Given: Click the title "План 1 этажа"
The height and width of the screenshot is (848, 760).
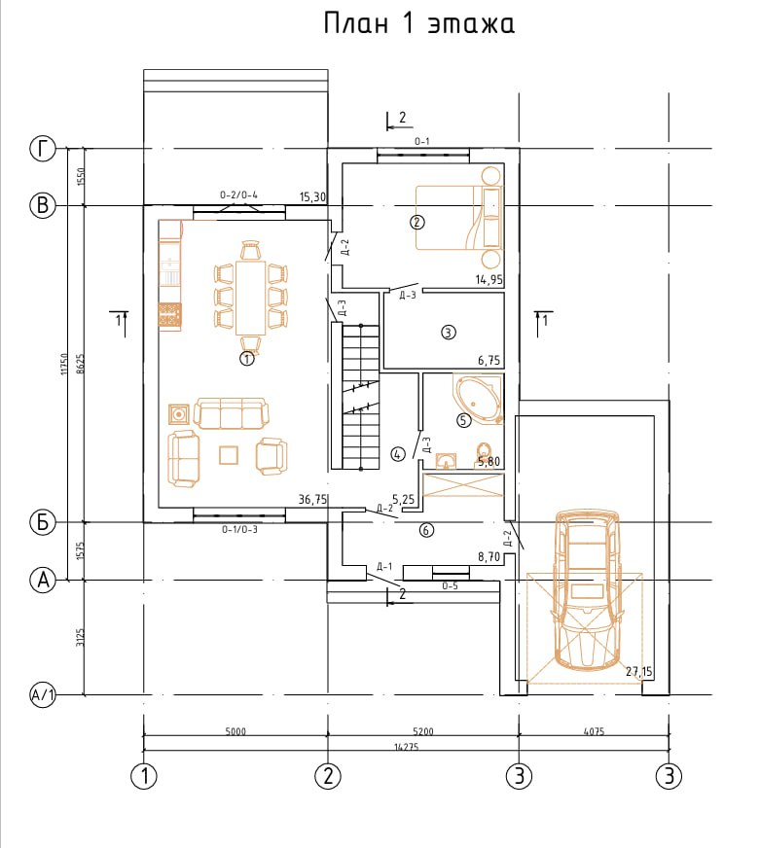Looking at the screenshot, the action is click(419, 23).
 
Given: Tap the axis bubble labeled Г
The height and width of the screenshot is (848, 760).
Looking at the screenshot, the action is click(42, 148).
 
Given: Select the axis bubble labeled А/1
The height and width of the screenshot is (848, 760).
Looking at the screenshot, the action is click(42, 694).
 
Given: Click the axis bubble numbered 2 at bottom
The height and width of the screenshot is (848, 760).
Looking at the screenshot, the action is click(328, 776).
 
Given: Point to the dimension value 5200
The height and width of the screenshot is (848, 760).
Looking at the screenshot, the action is click(423, 731).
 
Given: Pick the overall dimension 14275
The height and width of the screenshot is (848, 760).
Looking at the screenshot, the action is click(406, 747).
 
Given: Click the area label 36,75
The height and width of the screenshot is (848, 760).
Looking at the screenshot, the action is click(313, 499).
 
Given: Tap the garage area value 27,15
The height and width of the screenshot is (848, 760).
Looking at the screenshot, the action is click(638, 672).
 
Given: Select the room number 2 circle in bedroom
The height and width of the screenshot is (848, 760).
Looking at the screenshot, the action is click(417, 222).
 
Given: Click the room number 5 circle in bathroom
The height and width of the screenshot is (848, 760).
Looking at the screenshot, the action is click(464, 420).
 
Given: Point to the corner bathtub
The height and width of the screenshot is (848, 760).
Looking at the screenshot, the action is click(479, 399).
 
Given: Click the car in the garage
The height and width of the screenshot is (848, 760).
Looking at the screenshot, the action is click(586, 589).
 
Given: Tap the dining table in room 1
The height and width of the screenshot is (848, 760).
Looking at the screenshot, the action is click(251, 297).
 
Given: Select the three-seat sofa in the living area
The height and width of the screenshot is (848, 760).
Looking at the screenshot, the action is click(232, 413).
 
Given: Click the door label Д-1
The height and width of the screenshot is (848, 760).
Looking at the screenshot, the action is click(383, 566).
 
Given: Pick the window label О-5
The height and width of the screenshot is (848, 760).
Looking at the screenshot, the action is click(450, 585).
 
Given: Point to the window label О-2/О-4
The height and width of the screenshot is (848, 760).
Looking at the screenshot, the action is click(238, 194).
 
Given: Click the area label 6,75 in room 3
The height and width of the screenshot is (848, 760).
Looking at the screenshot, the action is click(489, 360).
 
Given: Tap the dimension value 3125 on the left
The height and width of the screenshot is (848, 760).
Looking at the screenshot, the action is click(80, 637).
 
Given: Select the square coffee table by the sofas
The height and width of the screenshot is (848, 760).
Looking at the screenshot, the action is click(229, 455).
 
